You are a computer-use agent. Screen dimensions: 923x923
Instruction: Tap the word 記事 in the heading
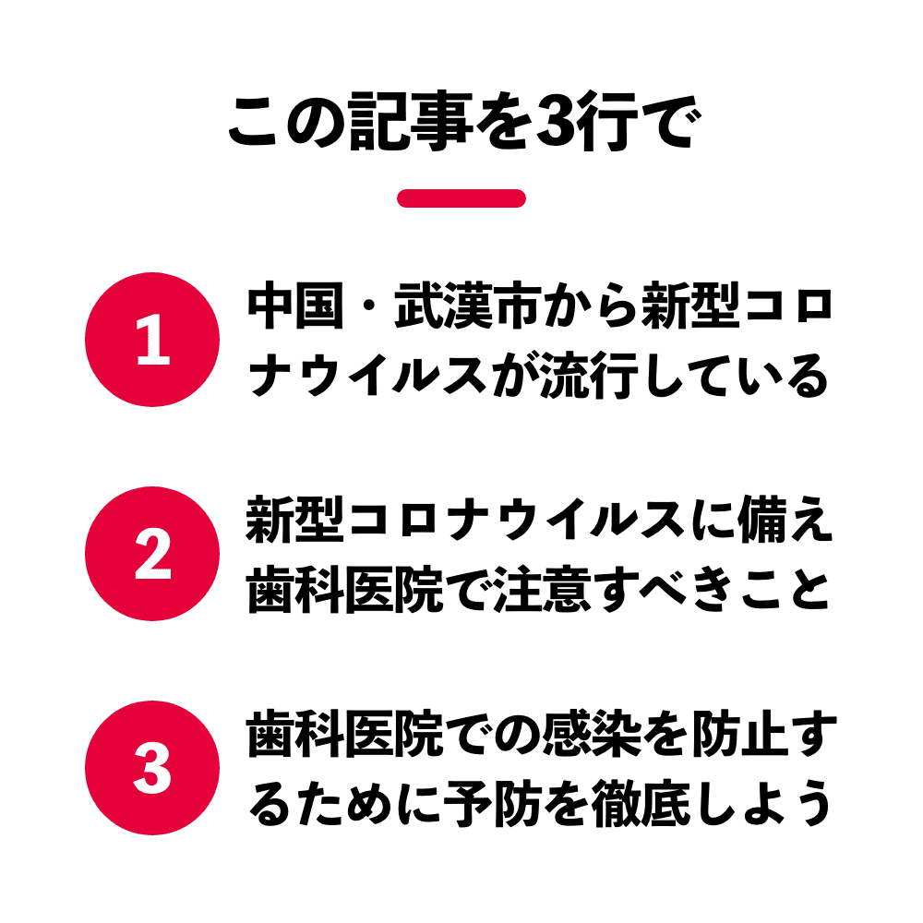click(411, 121)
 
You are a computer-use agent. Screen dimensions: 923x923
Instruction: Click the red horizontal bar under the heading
click(461, 198)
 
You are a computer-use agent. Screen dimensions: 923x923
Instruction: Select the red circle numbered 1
click(152, 340)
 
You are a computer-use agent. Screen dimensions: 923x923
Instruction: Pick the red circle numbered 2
click(152, 554)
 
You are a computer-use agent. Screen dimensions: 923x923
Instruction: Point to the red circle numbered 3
click(152, 768)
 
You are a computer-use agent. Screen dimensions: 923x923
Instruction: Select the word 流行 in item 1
click(590, 377)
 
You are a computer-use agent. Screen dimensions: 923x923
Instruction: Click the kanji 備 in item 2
click(762, 520)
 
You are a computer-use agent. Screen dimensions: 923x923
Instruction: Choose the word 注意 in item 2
click(542, 590)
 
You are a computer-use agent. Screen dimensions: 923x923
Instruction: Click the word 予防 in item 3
click(493, 804)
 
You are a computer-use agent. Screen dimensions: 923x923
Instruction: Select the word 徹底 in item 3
click(641, 804)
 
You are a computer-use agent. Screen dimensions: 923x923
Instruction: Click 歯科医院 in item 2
click(345, 590)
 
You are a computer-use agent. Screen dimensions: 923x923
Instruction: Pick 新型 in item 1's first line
click(689, 306)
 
